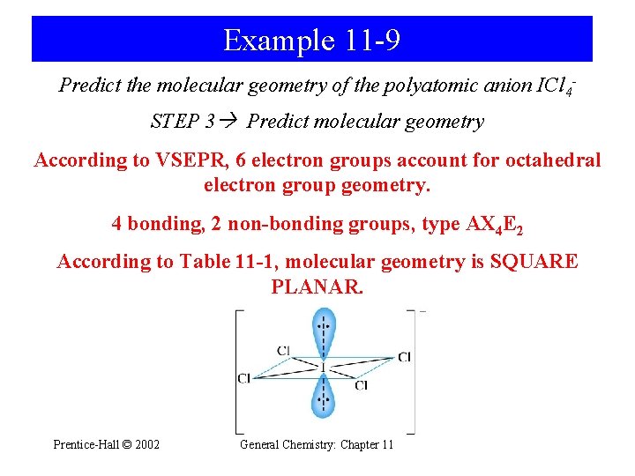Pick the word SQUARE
coord(531,262)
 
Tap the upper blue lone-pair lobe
coord(325,333)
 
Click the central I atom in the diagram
coord(324,365)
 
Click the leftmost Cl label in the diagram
coord(244,378)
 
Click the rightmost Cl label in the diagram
coord(404,357)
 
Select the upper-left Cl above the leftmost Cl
coord(283,351)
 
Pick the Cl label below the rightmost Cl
coord(362,385)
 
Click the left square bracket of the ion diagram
coord(237,371)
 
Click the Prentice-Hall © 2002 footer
coord(107,444)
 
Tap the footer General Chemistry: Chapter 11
coord(317,444)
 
